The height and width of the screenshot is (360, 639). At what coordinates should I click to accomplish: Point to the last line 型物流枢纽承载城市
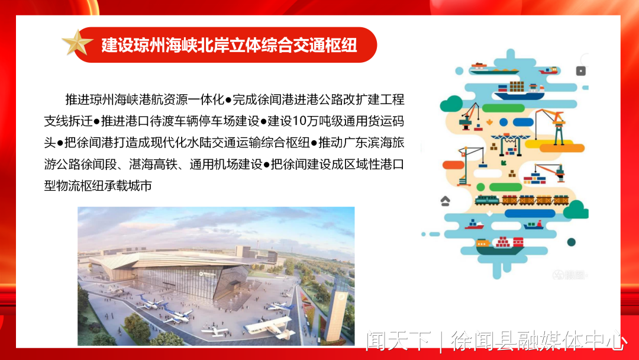(x=98, y=186)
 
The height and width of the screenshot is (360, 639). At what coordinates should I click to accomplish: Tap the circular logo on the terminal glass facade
(x=201, y=274)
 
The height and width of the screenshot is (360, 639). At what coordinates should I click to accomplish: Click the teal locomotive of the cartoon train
(x=487, y=200)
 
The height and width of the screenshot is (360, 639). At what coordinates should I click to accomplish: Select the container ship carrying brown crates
(x=519, y=91)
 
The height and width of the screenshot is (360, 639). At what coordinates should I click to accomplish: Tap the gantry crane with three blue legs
(x=511, y=144)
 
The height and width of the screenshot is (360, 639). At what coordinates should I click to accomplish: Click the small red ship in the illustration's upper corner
(x=548, y=70)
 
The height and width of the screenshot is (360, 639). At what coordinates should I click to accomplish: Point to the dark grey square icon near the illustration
(x=581, y=71)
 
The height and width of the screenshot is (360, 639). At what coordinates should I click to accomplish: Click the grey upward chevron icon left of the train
(x=445, y=201)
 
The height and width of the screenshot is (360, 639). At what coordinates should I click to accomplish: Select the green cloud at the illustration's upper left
(x=451, y=104)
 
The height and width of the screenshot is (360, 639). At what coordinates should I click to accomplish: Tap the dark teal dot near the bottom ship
(x=572, y=242)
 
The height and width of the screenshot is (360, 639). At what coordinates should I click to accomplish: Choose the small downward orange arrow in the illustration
(x=489, y=122)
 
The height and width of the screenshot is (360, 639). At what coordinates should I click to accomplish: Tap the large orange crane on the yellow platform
(x=552, y=126)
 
